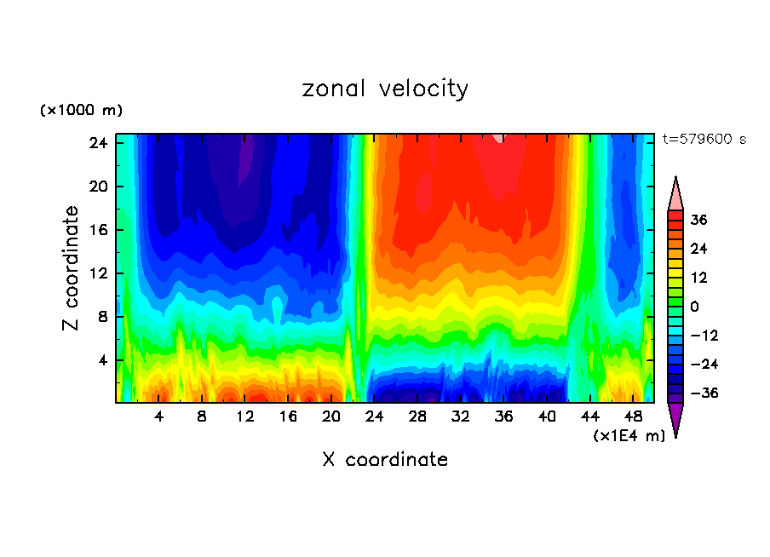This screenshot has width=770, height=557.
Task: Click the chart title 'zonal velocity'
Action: tap(385, 89)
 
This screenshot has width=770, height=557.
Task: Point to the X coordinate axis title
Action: tap(385, 460)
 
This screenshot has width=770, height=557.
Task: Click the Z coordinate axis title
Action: tap(71, 268)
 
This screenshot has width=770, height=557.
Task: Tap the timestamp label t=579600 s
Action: tap(704, 139)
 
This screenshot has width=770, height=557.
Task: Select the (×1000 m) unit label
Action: tap(82, 111)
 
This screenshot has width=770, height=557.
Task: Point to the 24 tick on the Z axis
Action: tap(96, 143)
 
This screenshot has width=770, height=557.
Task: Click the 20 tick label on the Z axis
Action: tap(96, 187)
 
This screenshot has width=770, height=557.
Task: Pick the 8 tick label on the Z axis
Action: tap(101, 317)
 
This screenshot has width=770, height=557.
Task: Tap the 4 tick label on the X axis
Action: tap(159, 416)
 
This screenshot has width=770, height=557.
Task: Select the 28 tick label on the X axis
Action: tap(417, 416)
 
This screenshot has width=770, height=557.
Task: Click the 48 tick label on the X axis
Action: tap(633, 416)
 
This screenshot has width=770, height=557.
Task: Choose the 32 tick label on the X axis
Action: tap(461, 416)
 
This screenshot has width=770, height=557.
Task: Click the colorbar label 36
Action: tap(698, 220)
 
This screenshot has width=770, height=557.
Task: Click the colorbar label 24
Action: tap(698, 249)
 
